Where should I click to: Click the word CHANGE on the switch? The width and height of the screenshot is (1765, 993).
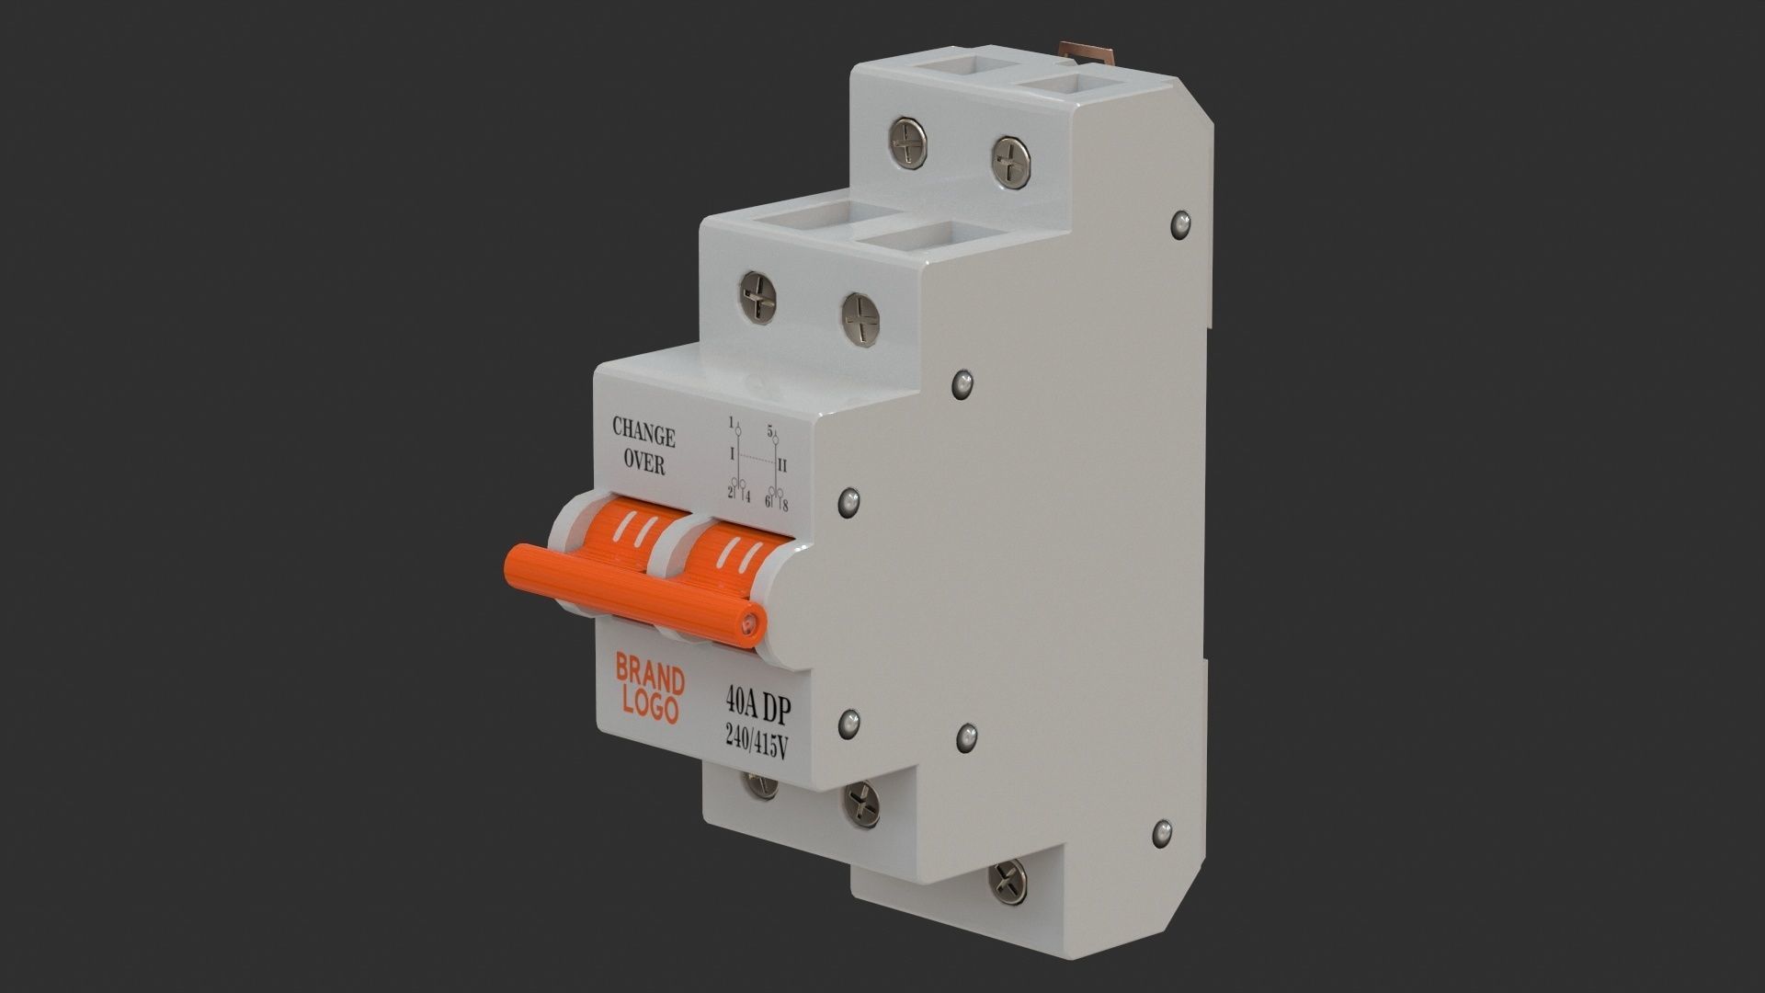click(643, 432)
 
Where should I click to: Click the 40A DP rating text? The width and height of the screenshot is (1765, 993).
click(758, 707)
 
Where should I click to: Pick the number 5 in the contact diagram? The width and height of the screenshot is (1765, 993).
click(770, 429)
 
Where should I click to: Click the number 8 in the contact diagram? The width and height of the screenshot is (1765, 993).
click(785, 505)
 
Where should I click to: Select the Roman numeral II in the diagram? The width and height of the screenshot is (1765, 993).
click(782, 465)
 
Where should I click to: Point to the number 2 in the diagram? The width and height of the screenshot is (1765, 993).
click(730, 495)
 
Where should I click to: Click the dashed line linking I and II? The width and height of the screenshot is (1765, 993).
click(757, 457)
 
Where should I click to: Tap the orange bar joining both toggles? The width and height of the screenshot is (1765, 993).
click(634, 588)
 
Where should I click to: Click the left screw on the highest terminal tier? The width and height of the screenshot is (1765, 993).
click(908, 142)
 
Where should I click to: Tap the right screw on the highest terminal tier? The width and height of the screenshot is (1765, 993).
click(1010, 158)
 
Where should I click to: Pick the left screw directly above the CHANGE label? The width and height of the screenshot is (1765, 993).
click(757, 297)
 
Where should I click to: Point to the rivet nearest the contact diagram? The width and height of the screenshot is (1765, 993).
click(849, 501)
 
